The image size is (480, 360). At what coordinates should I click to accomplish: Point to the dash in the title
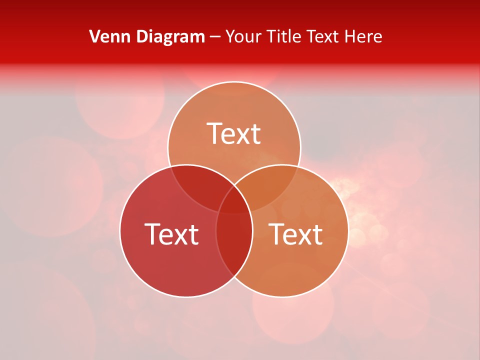[x=215, y=36]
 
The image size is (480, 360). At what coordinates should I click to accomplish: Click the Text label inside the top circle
[x=234, y=133]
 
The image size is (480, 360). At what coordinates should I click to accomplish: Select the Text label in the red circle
[x=171, y=234]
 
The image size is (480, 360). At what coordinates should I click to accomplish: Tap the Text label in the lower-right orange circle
[x=296, y=234]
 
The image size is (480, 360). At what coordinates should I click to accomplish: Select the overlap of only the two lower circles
[x=234, y=245]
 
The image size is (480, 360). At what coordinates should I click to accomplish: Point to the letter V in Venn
[x=94, y=36]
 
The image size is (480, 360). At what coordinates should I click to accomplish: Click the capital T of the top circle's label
[x=215, y=133]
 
